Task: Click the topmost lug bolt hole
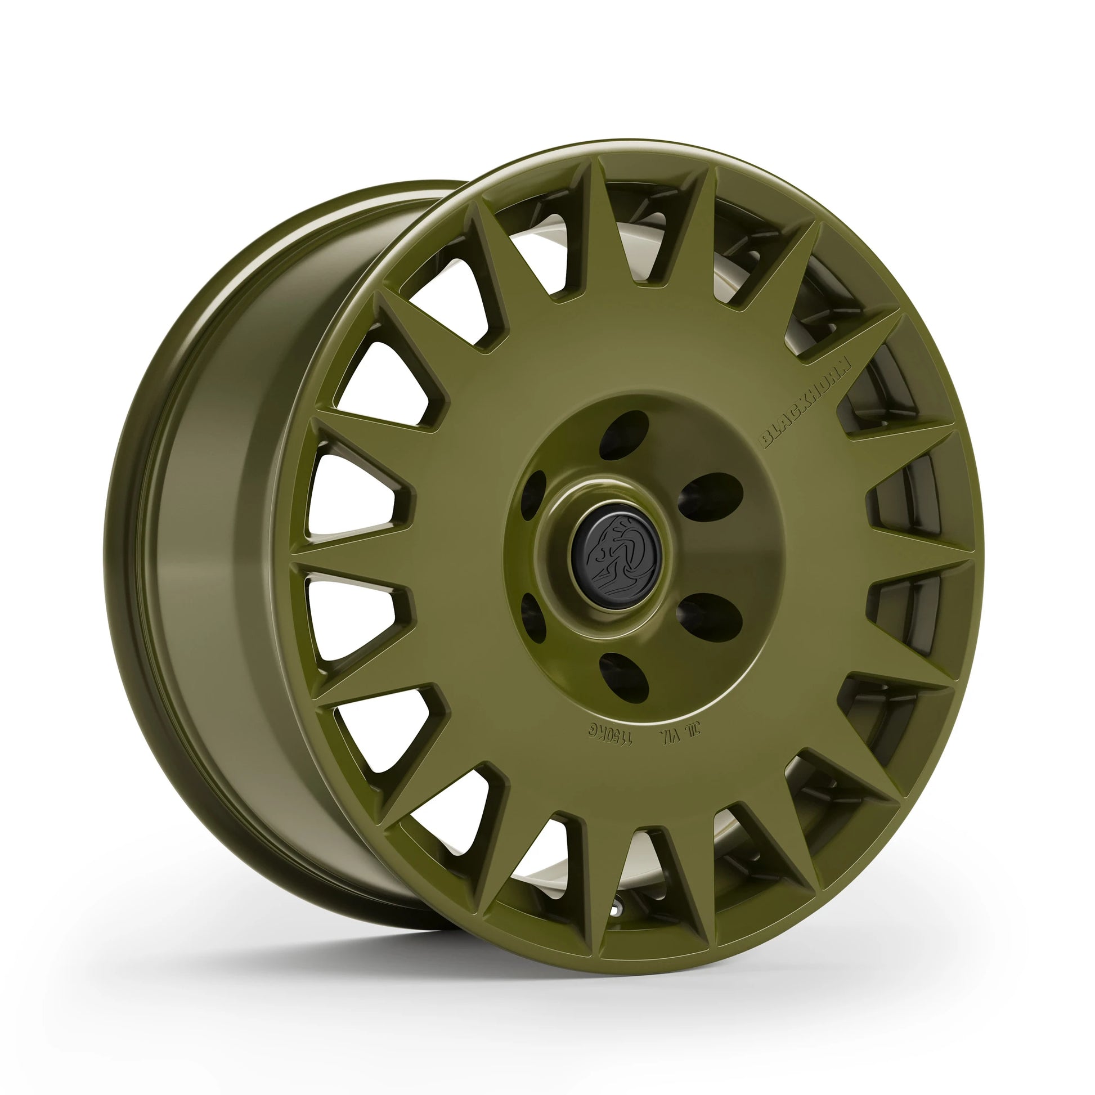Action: click(x=624, y=435)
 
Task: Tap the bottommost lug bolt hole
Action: click(x=624, y=678)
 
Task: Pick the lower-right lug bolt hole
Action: click(x=711, y=617)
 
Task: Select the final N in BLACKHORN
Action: click(x=845, y=363)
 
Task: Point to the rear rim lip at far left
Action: click(x=116, y=567)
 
